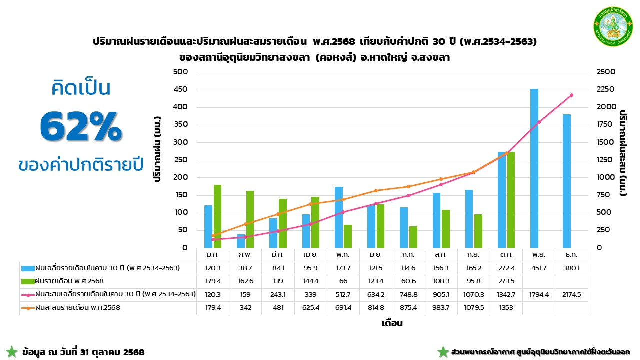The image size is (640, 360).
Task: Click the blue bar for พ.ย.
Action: [x=534, y=168]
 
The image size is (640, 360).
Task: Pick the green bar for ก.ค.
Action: [x=413, y=237]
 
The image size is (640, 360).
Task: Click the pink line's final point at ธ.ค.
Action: [x=571, y=95]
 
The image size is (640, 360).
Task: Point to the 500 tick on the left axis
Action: [x=180, y=72]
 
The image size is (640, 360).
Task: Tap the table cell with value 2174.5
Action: [x=571, y=295]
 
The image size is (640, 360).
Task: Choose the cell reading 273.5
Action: [x=506, y=281]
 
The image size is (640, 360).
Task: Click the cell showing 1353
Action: [x=506, y=308]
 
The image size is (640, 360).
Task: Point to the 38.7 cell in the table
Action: [x=245, y=268]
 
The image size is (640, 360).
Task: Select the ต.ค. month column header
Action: [x=506, y=255]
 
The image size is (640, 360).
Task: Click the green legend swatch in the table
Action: [x=27, y=281]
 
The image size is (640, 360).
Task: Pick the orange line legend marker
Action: [x=27, y=308]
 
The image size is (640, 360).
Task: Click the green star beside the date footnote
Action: [x=12, y=352]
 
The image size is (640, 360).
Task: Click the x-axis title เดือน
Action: [x=392, y=323]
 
